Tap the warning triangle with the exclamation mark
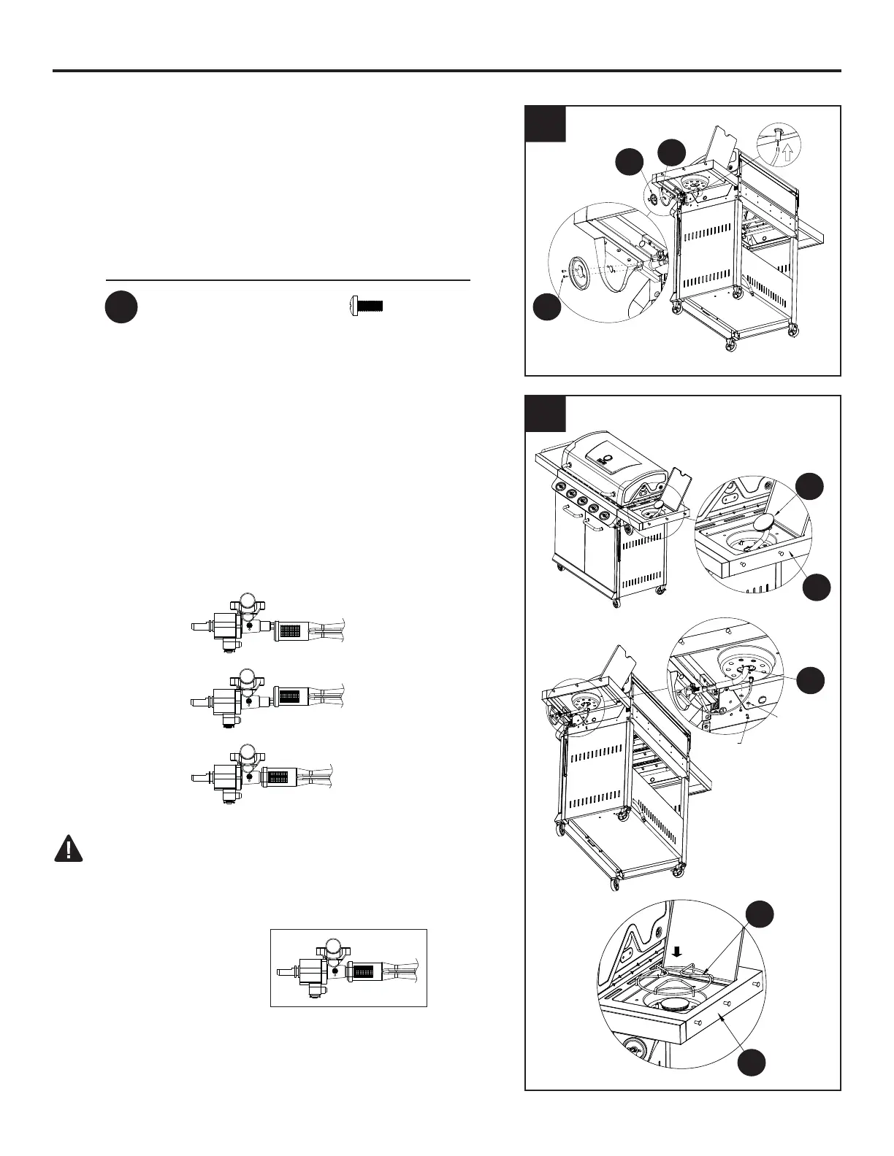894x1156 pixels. tap(69, 849)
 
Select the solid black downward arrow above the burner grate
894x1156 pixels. tap(677, 950)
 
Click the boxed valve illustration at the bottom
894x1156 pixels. tap(348, 968)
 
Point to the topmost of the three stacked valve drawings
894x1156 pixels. tap(266, 623)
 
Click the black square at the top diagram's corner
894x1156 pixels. tap(546, 124)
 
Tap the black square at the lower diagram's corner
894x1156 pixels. tap(546, 414)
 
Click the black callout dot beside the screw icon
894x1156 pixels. tap(121, 307)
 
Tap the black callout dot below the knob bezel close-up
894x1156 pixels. tap(546, 307)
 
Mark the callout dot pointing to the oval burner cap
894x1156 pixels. tap(809, 487)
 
